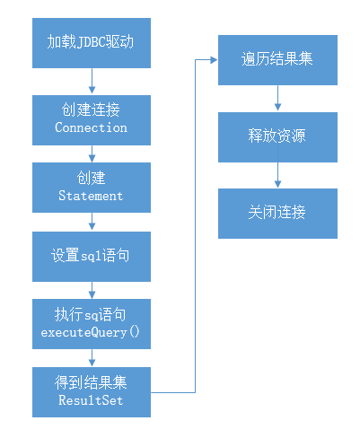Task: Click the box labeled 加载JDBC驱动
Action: [91, 42]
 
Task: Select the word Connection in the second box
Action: [91, 127]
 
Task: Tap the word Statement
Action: [91, 195]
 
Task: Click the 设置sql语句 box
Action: [91, 256]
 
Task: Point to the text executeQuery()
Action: [91, 332]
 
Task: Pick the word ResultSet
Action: [91, 399]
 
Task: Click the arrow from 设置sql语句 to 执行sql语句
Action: [92, 289]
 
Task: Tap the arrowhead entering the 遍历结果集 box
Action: [214, 60]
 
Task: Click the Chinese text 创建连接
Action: [91, 110]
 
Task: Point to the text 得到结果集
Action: [91, 383]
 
